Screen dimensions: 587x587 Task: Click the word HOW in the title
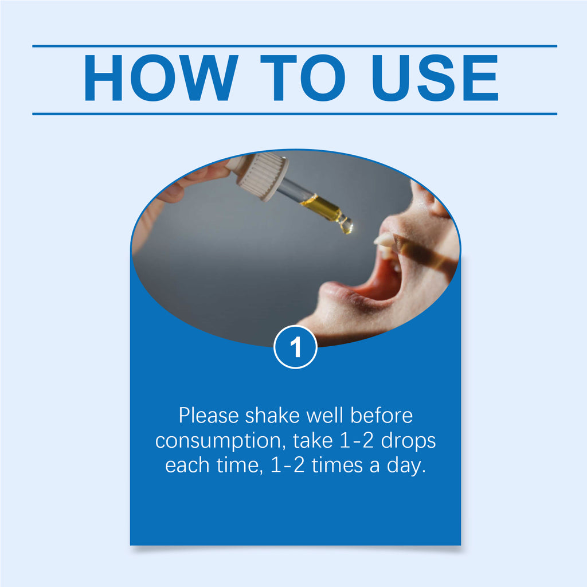[x=161, y=78]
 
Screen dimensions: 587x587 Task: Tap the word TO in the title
[x=303, y=78]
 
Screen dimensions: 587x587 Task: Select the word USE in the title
[x=435, y=78]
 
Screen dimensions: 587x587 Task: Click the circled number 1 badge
[x=295, y=347]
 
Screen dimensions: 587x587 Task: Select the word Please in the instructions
[x=209, y=416]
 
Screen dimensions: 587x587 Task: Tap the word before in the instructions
[x=381, y=416]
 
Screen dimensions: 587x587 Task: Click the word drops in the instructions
[x=408, y=441]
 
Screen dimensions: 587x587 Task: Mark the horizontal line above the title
[x=295, y=46]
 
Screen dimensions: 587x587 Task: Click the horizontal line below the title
[x=295, y=114]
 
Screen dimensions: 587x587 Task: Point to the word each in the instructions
[x=187, y=466]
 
